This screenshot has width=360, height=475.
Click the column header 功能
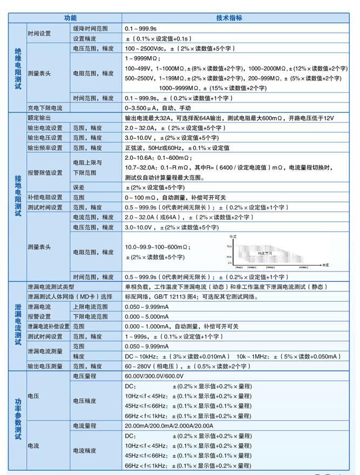click(71, 17)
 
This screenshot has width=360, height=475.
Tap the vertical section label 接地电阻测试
click(17, 195)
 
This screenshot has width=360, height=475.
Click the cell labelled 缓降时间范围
click(90, 28)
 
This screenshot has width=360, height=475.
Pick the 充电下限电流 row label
click(45, 108)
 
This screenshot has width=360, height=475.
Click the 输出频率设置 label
click(45, 148)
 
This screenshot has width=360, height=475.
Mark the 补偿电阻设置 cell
click(45, 198)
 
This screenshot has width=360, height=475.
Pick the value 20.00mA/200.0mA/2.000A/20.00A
click(169, 426)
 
